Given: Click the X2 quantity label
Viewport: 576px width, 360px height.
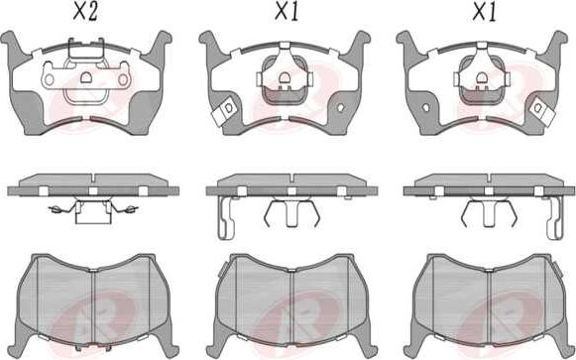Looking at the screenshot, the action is pyautogui.click(x=85, y=13).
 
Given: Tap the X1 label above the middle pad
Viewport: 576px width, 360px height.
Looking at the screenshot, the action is pyautogui.click(x=287, y=13).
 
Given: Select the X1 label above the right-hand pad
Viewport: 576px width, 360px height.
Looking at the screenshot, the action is pyautogui.click(x=484, y=13).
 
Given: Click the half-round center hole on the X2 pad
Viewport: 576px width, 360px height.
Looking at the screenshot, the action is pyautogui.click(x=86, y=77).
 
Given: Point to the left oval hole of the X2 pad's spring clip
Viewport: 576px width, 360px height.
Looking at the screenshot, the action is pyautogui.click(x=50, y=79).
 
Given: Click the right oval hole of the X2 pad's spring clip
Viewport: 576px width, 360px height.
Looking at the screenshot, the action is pyautogui.click(x=123, y=79).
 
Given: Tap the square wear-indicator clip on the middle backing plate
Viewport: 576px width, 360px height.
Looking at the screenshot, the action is pyautogui.click(x=225, y=111).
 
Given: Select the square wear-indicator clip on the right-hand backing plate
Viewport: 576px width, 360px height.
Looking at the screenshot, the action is pyautogui.click(x=542, y=111).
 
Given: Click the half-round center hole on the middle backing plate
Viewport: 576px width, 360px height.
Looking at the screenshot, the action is pyautogui.click(x=284, y=77).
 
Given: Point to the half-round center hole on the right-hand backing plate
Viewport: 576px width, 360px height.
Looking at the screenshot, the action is pyautogui.click(x=482, y=77).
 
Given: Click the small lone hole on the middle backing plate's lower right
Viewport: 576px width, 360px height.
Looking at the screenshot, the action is pyautogui.click(x=340, y=108).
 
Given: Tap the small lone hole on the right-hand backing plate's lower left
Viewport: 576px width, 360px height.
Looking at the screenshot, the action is pyautogui.click(x=426, y=108).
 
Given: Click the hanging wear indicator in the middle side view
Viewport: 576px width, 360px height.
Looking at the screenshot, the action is pyautogui.click(x=226, y=218).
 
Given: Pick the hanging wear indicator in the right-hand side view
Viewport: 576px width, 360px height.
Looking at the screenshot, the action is pyautogui.click(x=554, y=218).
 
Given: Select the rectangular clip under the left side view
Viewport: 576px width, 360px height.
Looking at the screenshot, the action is pyautogui.click(x=93, y=212).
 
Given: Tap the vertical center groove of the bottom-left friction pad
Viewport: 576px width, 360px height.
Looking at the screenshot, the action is pyautogui.click(x=93, y=306).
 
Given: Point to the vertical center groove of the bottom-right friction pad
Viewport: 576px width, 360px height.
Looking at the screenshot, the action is pyautogui.click(x=489, y=306).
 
